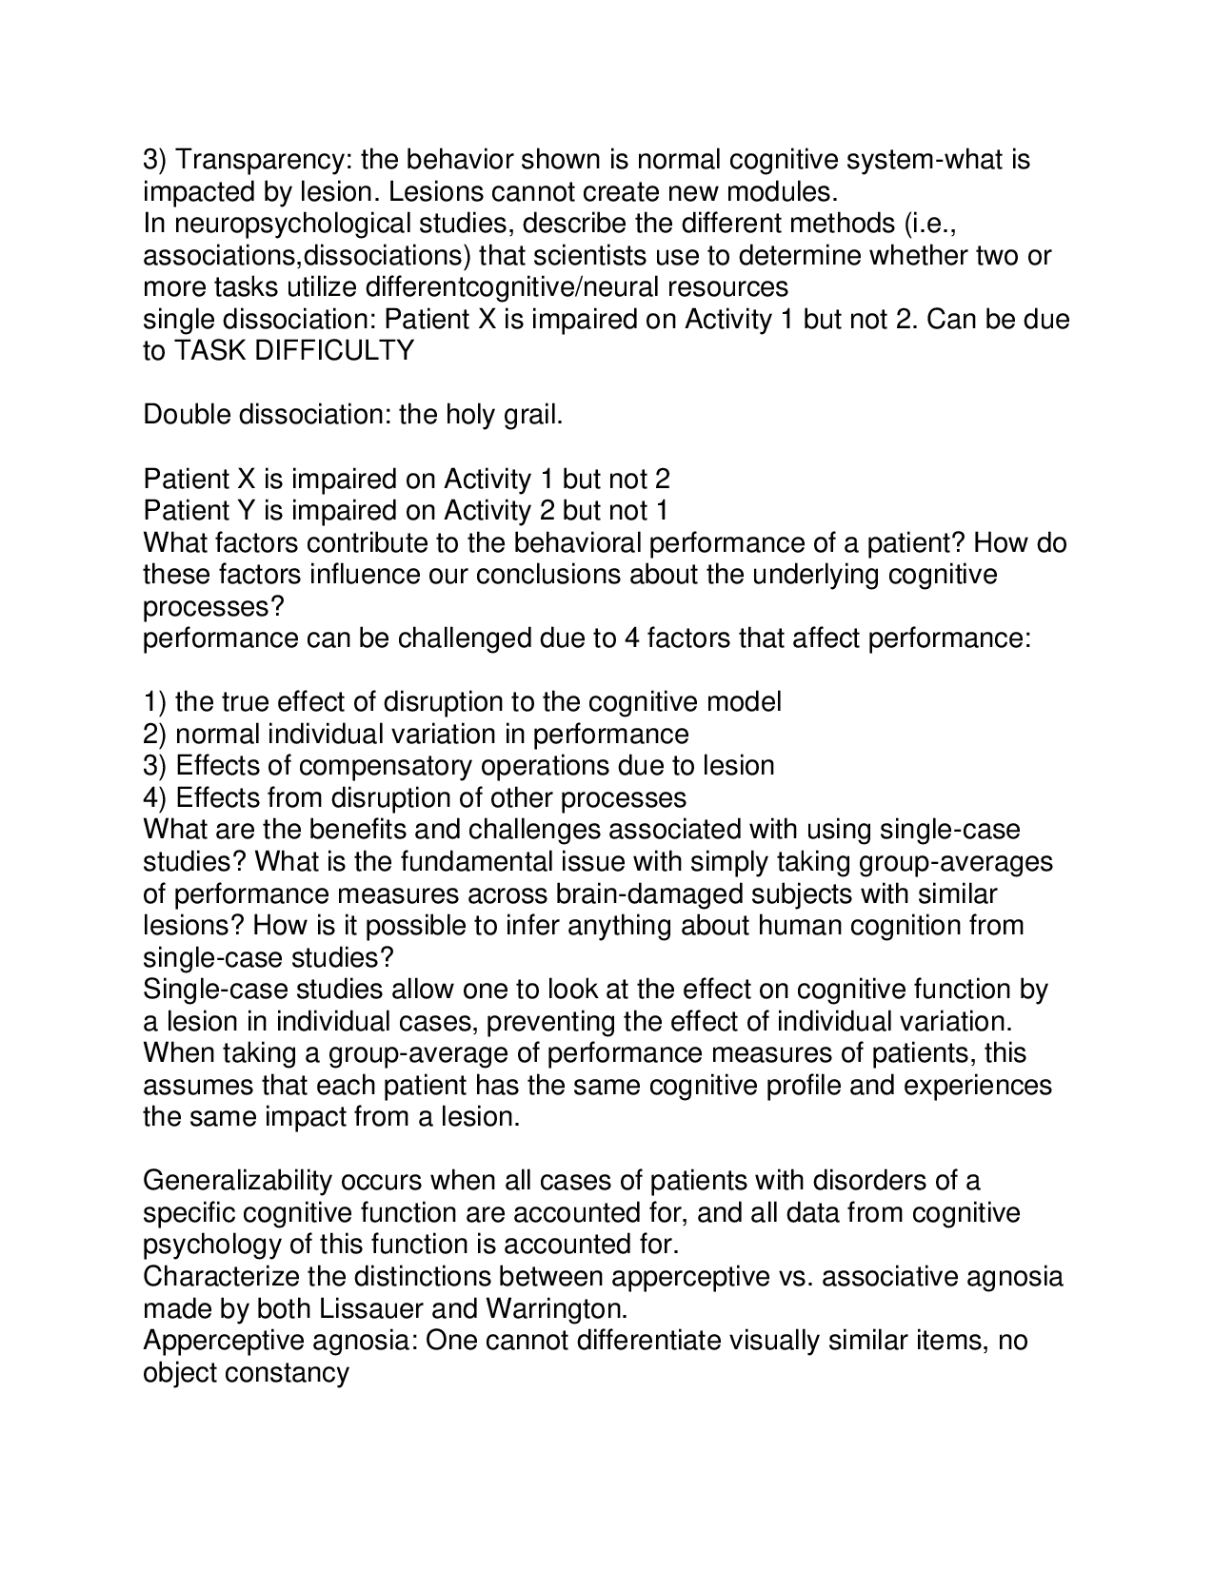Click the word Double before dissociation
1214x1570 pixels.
(187, 415)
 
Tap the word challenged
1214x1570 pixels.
(480, 638)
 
